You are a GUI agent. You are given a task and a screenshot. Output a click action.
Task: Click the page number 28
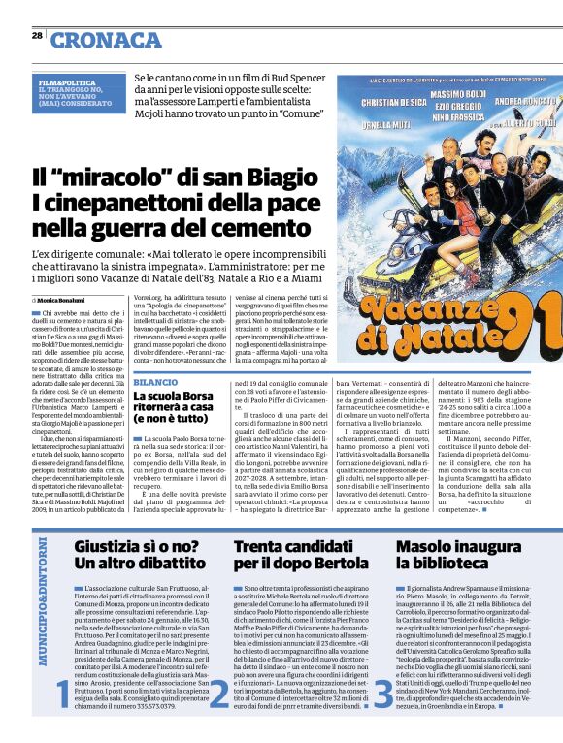point(36,35)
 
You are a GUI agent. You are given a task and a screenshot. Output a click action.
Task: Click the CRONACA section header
point(106,40)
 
